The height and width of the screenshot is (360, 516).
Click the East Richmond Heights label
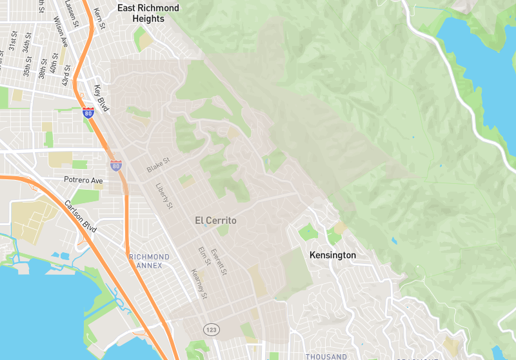click(x=148, y=13)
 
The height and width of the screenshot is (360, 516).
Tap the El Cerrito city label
click(x=215, y=221)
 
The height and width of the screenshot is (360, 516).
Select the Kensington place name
click(x=332, y=255)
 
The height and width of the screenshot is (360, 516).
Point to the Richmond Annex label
click(x=149, y=261)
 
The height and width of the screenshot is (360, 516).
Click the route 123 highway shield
click(x=212, y=330)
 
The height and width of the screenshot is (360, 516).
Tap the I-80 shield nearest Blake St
click(x=115, y=166)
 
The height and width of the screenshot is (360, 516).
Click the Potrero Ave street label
click(x=83, y=180)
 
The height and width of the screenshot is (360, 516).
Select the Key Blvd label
click(x=101, y=99)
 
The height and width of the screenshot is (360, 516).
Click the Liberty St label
click(x=164, y=197)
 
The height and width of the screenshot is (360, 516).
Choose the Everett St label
click(x=219, y=263)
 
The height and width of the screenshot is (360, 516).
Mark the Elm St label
click(x=204, y=257)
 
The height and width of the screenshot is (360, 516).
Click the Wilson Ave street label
click(x=61, y=32)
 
